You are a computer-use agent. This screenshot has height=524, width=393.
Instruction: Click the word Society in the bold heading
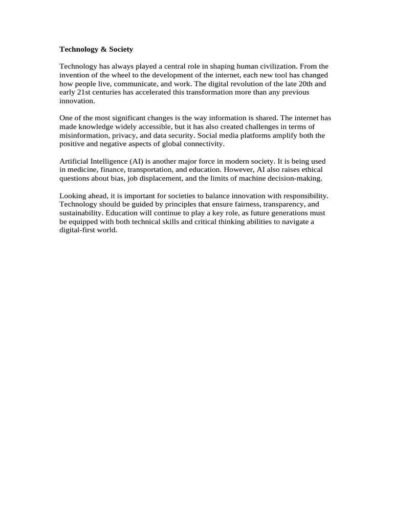[x=121, y=50]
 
